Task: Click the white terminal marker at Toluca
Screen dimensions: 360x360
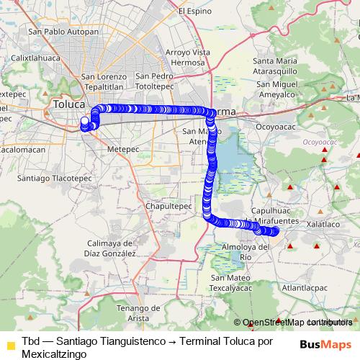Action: pos(84,121)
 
